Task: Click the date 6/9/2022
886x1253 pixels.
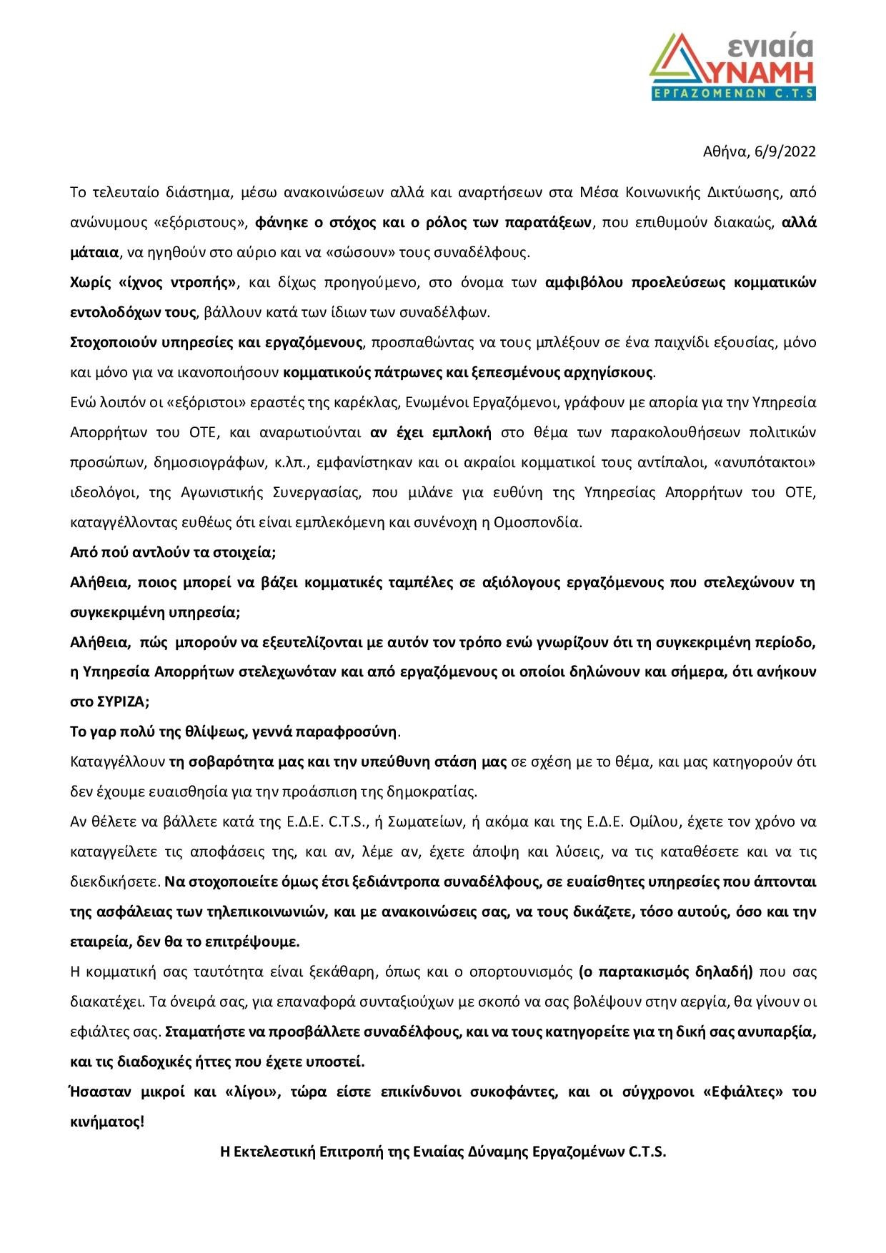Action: tap(787, 151)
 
